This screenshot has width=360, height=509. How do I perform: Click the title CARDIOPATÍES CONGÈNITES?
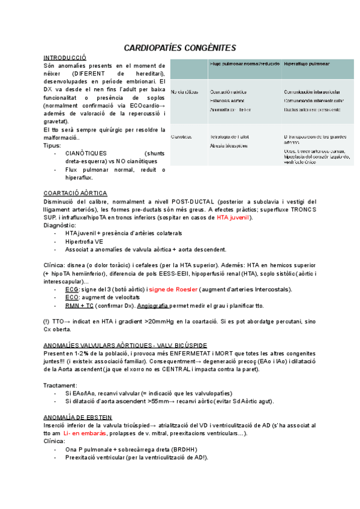(x=180, y=47)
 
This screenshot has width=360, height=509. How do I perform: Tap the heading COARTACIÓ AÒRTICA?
(x=76, y=193)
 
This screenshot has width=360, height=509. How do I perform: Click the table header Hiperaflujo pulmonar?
(x=307, y=64)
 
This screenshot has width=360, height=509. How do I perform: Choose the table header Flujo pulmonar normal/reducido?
(x=245, y=64)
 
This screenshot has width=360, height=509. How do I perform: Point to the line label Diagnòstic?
(x=59, y=225)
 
